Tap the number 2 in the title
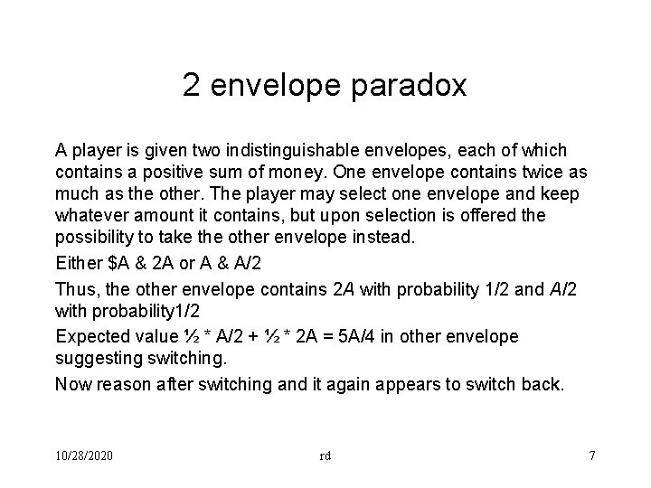tap(191, 86)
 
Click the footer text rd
tap(325, 455)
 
